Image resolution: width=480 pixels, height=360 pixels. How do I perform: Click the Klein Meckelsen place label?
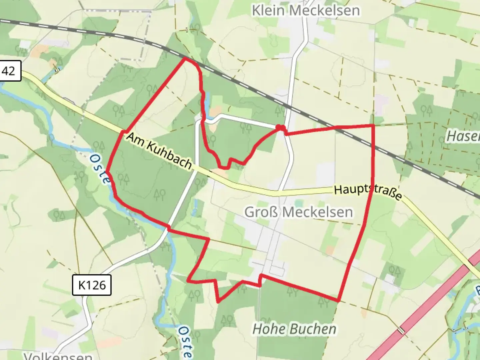pos(306,11)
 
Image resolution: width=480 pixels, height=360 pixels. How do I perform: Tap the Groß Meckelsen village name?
pos(298,212)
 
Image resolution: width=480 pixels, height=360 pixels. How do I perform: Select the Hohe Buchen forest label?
pos(294,329)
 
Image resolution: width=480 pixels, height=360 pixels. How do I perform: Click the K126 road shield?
pos(92,285)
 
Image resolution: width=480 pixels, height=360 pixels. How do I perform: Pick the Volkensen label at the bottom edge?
pos(58,356)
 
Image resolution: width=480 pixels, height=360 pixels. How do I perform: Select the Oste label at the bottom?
pos(184,342)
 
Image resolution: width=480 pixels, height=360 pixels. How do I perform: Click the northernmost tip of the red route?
pos(185,58)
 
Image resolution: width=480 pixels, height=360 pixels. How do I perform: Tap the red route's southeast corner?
pos(338,301)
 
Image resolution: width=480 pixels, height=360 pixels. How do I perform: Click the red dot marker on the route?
pos(280,127)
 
